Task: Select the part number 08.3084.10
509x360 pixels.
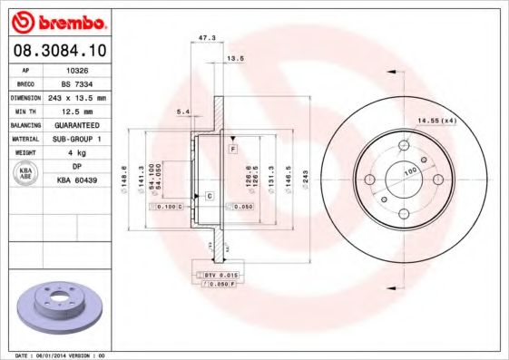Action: pyautogui.click(x=58, y=51)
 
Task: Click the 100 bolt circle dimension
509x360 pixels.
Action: pyautogui.click(x=408, y=170)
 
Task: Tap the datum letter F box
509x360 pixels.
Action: pyautogui.click(x=232, y=147)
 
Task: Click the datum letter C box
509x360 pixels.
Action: pyautogui.click(x=209, y=196)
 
